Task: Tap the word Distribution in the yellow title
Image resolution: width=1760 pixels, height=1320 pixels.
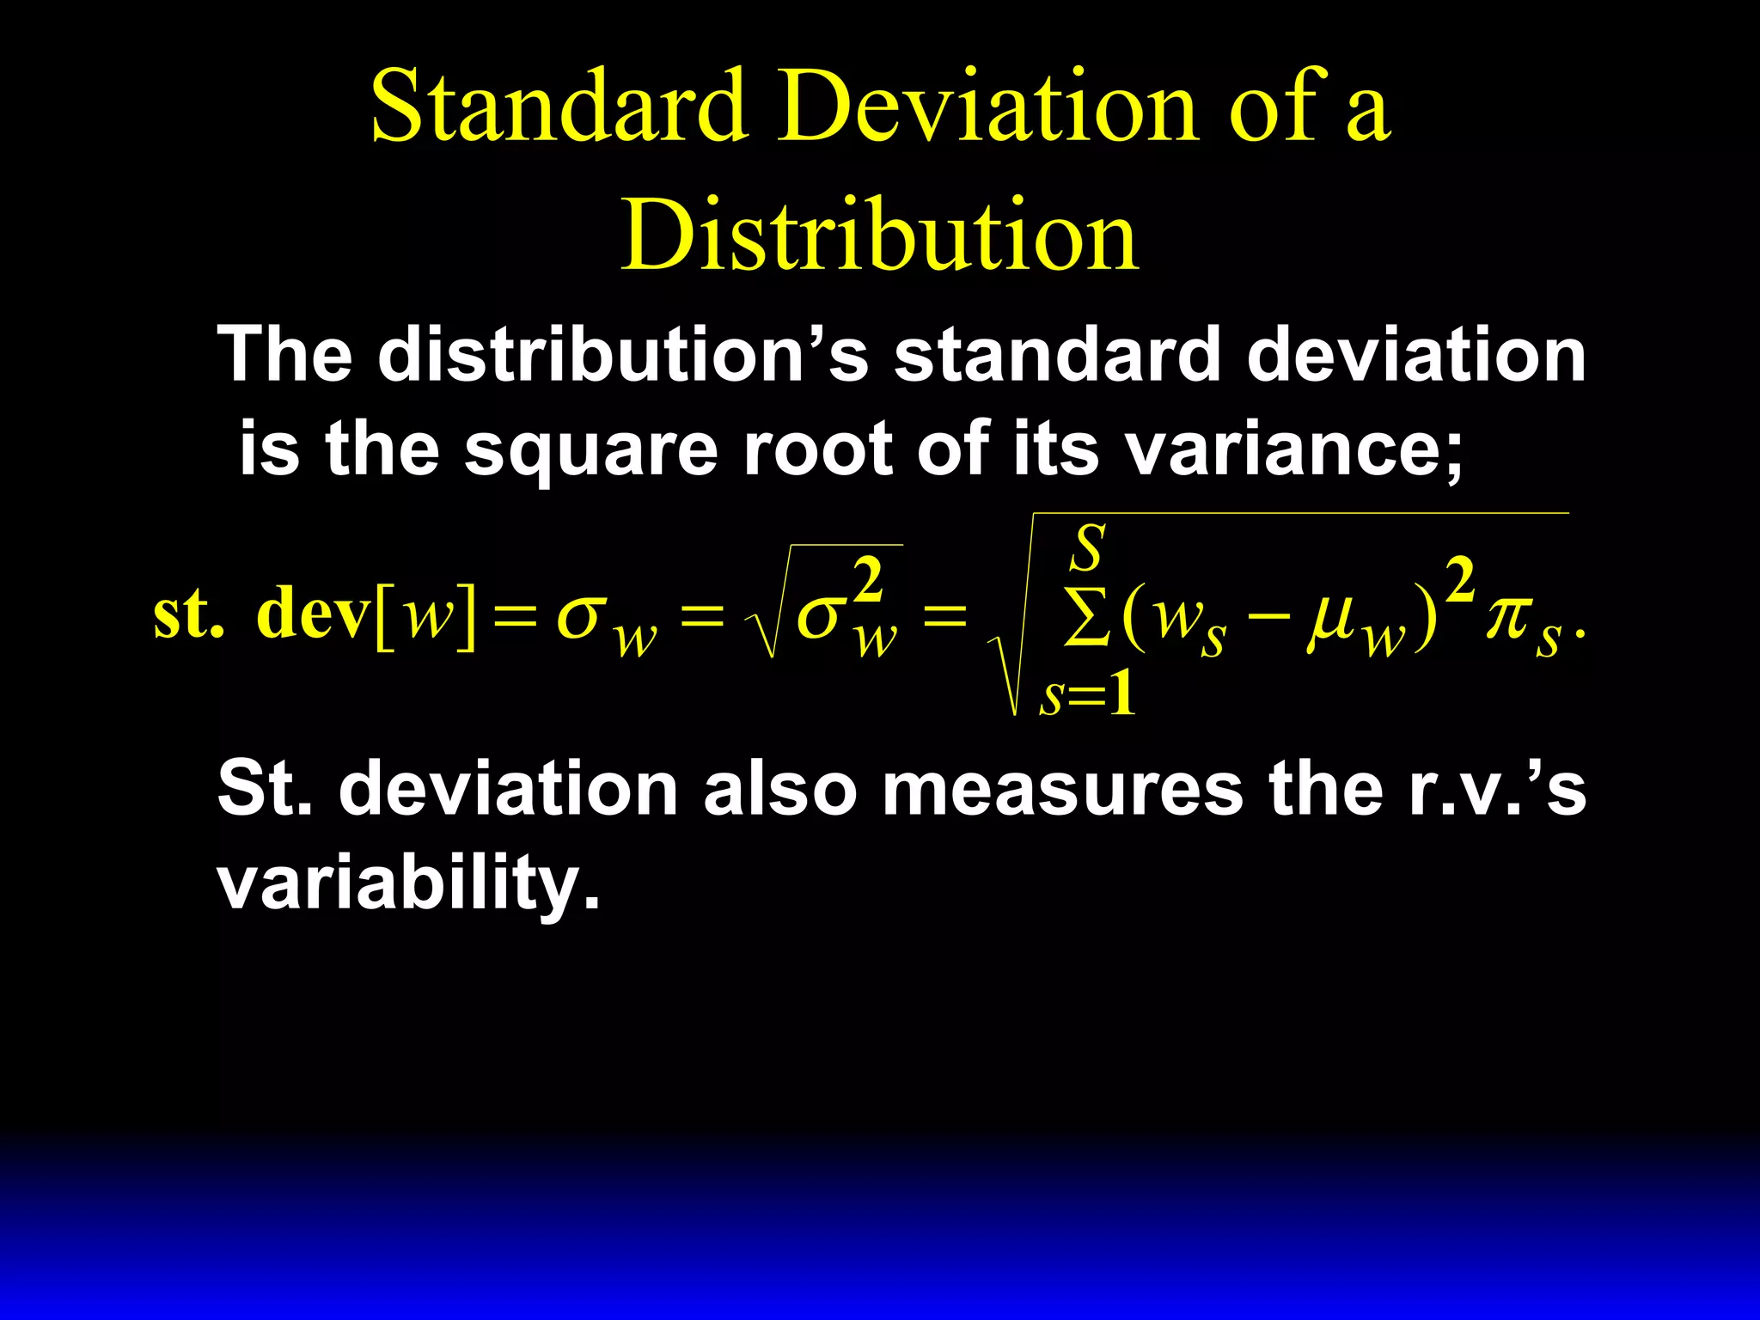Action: click(x=880, y=235)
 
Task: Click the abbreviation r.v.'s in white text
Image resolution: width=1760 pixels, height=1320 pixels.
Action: click(x=1496, y=789)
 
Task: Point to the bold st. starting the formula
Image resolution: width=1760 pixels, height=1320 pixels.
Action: click(x=187, y=614)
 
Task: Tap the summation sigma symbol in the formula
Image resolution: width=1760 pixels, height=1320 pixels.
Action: click(x=1086, y=617)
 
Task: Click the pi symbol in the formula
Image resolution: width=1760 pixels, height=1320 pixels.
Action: click(x=1506, y=615)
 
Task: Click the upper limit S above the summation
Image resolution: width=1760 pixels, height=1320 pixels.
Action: click(x=1087, y=547)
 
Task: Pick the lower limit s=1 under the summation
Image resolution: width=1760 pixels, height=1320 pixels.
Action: click(x=1087, y=694)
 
